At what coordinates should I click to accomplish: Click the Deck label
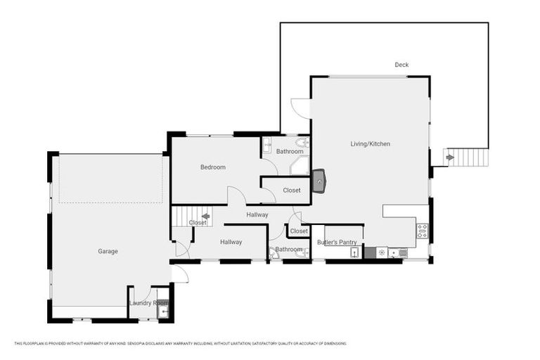(401, 65)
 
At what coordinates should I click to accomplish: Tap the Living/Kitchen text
(371, 144)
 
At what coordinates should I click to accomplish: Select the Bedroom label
(213, 167)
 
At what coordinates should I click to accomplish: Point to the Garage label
(108, 251)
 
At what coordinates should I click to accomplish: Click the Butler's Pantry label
(337, 243)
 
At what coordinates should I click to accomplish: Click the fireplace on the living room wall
(319, 181)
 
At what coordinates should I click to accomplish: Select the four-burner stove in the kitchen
(422, 231)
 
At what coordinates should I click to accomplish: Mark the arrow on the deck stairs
(450, 157)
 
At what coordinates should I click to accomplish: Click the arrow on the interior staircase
(205, 216)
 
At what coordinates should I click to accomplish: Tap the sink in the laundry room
(163, 310)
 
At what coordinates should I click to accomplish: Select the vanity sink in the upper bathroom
(267, 146)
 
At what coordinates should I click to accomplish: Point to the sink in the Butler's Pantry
(354, 252)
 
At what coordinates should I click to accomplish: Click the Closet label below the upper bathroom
(292, 191)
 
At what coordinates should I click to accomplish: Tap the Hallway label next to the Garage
(231, 242)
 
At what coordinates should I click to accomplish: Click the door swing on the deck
(300, 108)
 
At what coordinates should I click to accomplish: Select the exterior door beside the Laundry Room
(179, 274)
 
